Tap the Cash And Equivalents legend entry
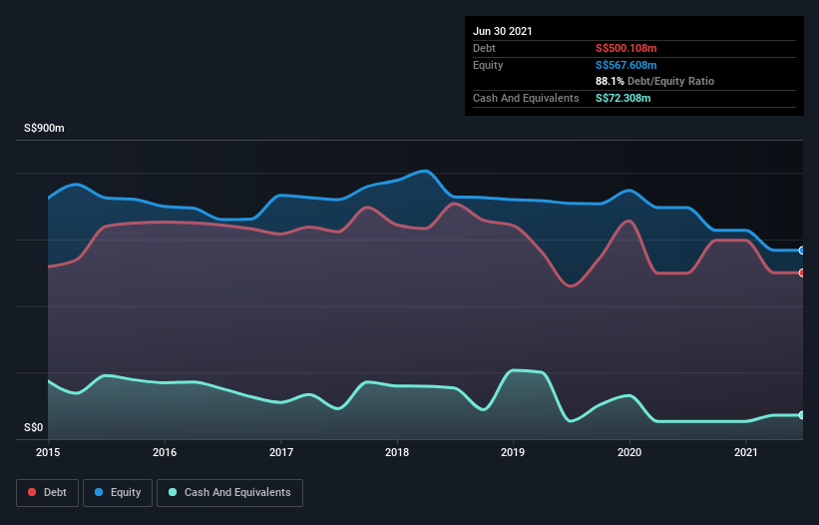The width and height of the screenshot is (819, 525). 229,492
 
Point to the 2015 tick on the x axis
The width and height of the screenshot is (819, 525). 48,452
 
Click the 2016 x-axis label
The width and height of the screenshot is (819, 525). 165,452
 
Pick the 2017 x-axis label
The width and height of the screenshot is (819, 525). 281,452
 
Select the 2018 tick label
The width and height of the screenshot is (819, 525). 397,452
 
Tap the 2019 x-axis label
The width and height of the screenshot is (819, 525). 514,452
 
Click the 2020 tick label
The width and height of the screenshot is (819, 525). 629,452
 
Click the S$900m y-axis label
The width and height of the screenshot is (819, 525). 45,129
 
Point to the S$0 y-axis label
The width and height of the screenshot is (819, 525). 34,428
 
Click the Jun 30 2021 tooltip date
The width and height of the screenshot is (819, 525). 503,31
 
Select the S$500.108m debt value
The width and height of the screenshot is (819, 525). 625,48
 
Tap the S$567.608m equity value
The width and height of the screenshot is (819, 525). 625,65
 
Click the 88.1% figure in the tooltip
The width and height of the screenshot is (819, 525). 610,81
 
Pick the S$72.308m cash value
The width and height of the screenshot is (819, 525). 622,98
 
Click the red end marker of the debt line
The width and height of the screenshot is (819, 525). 802,272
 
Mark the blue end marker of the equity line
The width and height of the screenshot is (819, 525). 802,250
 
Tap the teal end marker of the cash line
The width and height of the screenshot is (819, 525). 802,415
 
